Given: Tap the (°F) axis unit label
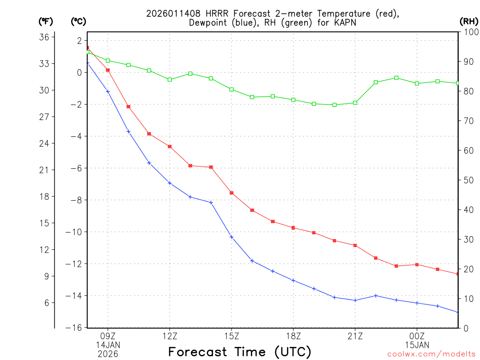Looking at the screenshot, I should (x=46, y=21).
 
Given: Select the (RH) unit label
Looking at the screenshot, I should (x=469, y=21).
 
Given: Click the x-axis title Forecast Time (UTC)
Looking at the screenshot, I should (x=240, y=352).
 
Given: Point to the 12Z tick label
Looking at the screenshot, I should (x=170, y=336).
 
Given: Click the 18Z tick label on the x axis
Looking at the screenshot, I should (x=293, y=336).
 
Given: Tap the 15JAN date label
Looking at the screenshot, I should (x=417, y=345).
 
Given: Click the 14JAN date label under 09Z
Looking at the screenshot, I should (x=108, y=345).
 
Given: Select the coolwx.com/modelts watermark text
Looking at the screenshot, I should (x=431, y=354).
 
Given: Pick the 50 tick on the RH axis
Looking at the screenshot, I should (x=468, y=180).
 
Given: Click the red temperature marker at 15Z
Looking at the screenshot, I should (x=232, y=193).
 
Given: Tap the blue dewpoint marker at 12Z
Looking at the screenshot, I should (x=170, y=183).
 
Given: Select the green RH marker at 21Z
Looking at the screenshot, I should (x=355, y=103).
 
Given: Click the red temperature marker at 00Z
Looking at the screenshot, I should (x=417, y=265).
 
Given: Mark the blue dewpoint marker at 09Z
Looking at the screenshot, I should (x=108, y=91).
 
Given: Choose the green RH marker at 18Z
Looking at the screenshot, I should (x=293, y=100).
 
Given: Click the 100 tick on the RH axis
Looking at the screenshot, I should (x=470, y=32).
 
